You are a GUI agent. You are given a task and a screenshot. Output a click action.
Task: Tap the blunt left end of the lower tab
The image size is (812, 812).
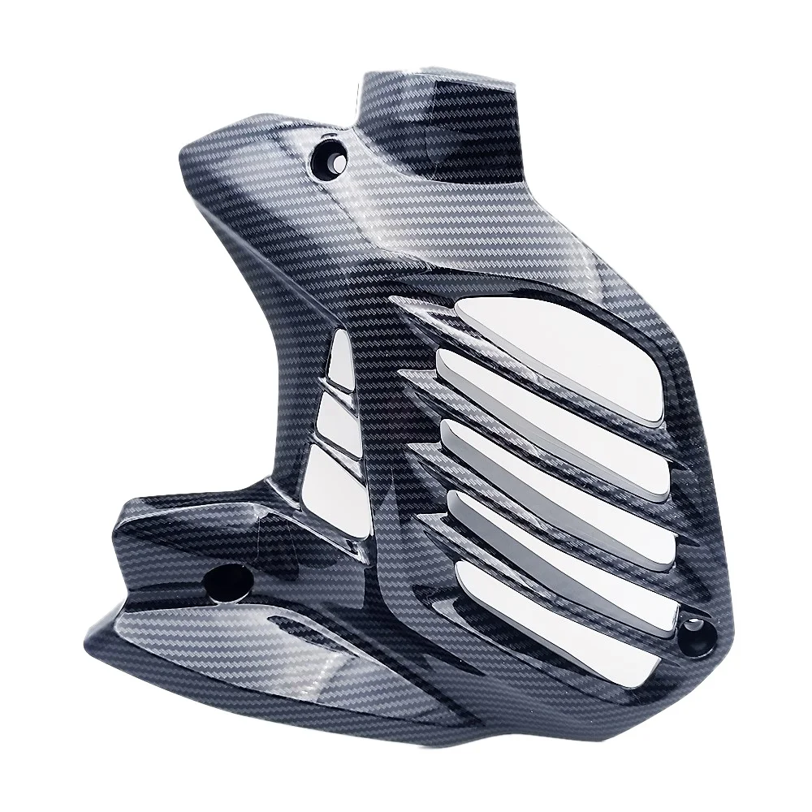[122, 528]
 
